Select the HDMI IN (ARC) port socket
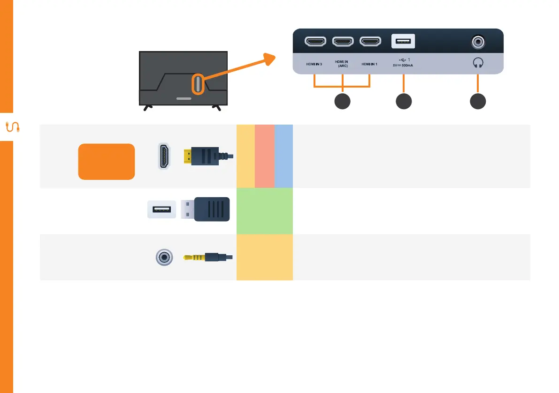pyautogui.click(x=344, y=42)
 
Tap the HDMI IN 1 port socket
pyautogui.click(x=371, y=42)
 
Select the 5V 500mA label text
pyautogui.click(x=403, y=66)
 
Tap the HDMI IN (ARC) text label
pyautogui.click(x=342, y=64)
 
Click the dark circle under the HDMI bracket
pyautogui.click(x=342, y=102)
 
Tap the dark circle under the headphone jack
pyautogui.click(x=478, y=102)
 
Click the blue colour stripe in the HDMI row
pyautogui.click(x=283, y=156)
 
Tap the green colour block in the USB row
pyautogui.click(x=265, y=211)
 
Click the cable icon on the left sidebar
pyautogui.click(x=11, y=127)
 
